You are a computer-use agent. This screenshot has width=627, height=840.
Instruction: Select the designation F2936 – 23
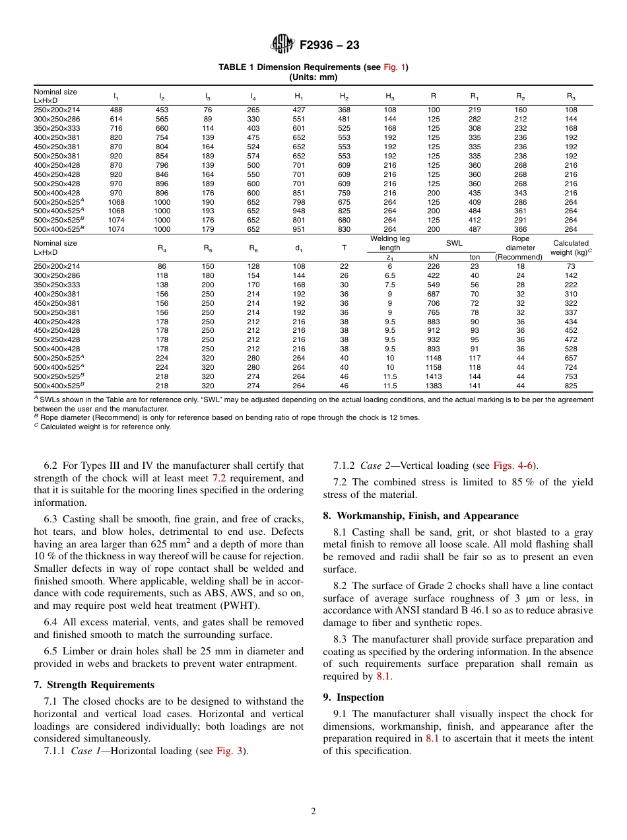coord(329,46)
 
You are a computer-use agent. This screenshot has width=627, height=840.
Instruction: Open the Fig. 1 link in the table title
coord(395,67)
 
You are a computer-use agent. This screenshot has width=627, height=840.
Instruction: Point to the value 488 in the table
coord(115,110)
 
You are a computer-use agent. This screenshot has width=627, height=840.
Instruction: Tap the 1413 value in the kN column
coord(434,377)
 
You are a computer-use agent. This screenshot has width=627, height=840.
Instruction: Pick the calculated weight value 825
coord(571,386)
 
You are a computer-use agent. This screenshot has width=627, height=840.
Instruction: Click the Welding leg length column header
coord(390,243)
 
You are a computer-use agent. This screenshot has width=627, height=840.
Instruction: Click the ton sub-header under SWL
coord(475,257)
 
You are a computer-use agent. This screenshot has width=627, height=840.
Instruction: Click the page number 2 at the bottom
coord(313,812)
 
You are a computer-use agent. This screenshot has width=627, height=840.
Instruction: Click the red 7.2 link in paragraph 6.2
coord(220,477)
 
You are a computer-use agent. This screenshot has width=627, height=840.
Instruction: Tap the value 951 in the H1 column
coord(298,229)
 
